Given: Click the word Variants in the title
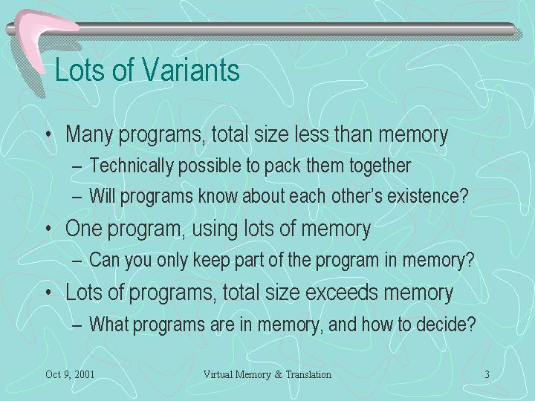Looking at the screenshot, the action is coord(190,70).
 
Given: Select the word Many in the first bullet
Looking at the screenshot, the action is coord(88,134).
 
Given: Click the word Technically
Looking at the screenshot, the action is coord(132,166).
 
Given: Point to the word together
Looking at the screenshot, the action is coord(380,166).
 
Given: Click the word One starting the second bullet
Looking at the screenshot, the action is coord(83,228).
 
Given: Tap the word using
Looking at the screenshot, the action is coord(215,229).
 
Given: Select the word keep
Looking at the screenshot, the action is coord(212,260).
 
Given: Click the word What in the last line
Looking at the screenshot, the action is coord(108,324).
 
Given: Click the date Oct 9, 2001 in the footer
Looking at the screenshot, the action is coord(70,375).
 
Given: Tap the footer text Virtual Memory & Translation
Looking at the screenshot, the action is coord(267,375).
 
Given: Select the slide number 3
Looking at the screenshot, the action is coord(487,375).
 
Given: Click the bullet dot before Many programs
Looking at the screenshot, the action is coord(49,134).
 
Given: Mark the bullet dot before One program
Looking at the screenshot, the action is coord(49,228).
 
